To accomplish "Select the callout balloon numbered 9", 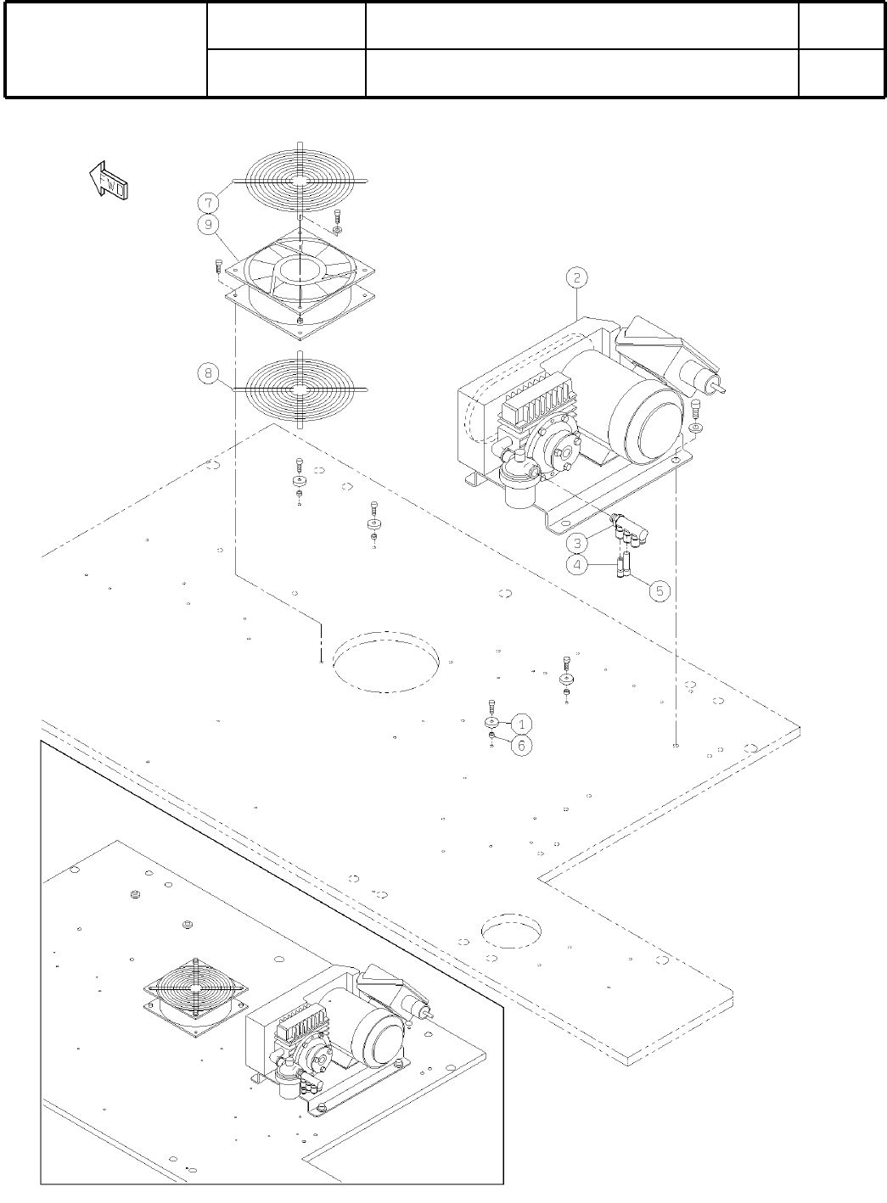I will pos(207,225).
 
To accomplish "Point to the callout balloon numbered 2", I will pos(576,277).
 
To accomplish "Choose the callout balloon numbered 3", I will pos(576,540).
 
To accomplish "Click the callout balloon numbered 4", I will pos(576,564).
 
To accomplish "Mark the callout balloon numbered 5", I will pos(660,590).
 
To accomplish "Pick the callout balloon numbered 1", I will pos(522,724).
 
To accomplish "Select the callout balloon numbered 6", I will pos(522,745).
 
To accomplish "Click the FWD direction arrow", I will pos(107,182).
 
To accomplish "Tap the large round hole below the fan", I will pos(386,661).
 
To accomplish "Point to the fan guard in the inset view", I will pos(196,989).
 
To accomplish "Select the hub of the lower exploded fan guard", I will pos(300,388).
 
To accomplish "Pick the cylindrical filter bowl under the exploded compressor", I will pos(517,484).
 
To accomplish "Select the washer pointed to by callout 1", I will pos(491,723).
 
